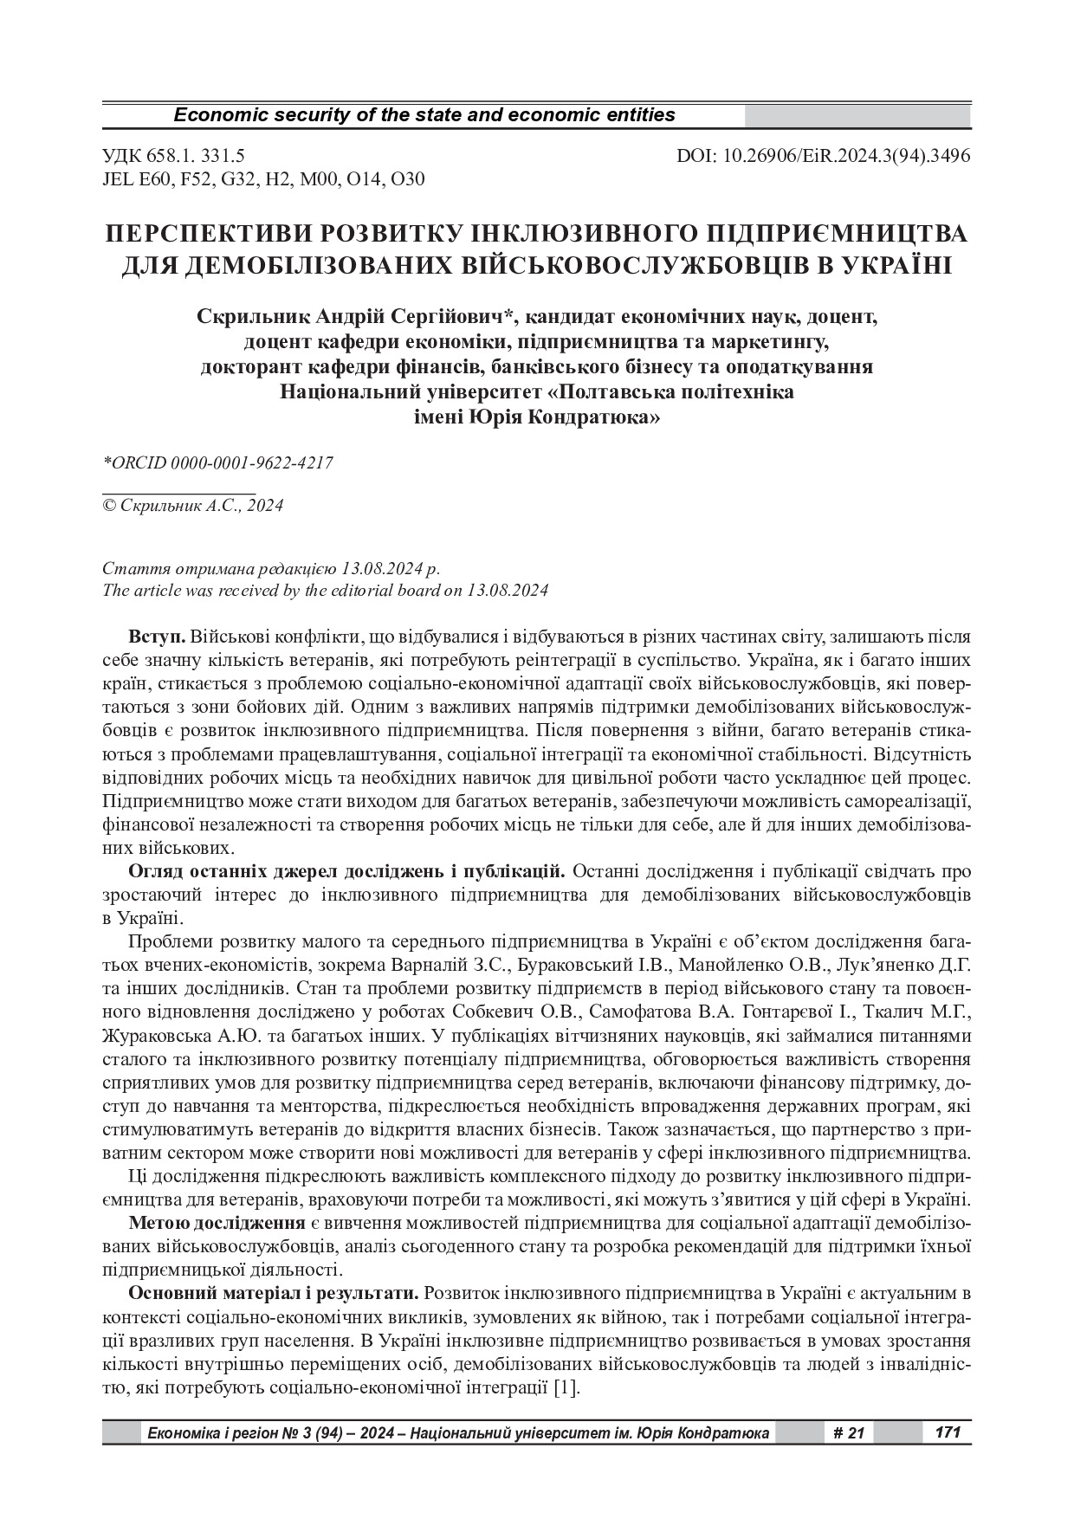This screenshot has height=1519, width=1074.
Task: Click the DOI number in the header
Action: pyautogui.click(x=823, y=156)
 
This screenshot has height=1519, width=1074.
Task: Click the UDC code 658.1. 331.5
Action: pyautogui.click(x=173, y=156)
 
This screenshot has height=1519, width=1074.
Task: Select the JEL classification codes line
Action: pyautogui.click(x=263, y=179)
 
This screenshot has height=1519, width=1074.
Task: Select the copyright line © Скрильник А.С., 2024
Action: pyautogui.click(x=192, y=506)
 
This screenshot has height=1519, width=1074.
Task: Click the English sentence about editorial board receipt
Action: pyautogui.click(x=325, y=591)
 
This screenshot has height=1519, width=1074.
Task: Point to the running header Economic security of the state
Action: pyautogui.click(x=424, y=115)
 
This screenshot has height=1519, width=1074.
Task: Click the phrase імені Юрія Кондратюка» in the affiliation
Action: pyautogui.click(x=536, y=417)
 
